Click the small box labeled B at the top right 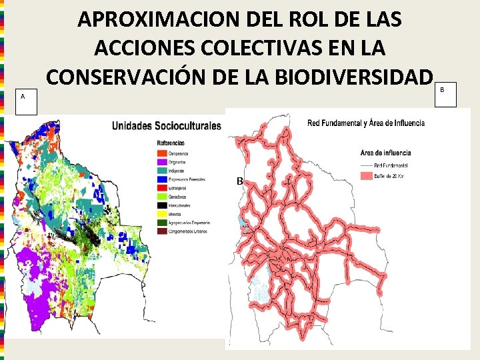(447, 94)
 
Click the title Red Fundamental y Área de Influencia (365, 123)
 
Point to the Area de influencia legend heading (385, 152)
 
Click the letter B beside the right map (239, 181)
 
